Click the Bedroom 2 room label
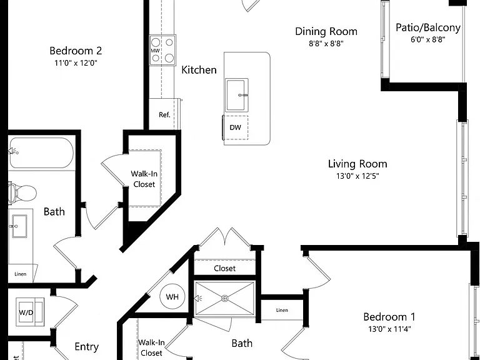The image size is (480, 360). click(76, 51)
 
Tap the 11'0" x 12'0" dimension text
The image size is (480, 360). click(76, 63)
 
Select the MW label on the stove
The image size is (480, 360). click(155, 51)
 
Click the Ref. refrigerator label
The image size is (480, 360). click(164, 115)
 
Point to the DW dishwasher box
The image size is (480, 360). click(235, 127)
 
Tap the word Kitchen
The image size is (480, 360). click(199, 70)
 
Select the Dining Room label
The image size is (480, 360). click(326, 31)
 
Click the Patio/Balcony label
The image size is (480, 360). click(428, 27)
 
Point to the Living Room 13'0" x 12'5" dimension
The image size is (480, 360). click(357, 176)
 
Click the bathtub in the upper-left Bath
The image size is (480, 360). click(41, 152)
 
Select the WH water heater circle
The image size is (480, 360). click(172, 297)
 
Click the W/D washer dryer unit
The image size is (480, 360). click(30, 312)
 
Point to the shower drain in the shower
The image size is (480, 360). click(225, 298)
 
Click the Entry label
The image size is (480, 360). click(87, 347)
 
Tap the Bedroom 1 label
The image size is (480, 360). click(389, 317)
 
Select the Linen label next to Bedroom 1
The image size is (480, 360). click(282, 310)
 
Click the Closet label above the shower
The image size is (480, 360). click(225, 269)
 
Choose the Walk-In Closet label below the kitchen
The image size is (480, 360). click(144, 179)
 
